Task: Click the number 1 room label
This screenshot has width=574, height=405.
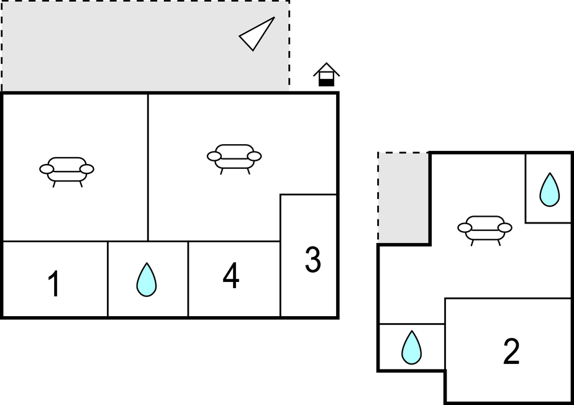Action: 54,283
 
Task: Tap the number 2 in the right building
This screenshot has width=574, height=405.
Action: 511,351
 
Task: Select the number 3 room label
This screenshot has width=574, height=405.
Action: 312,260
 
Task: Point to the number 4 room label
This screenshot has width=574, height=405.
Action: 231,275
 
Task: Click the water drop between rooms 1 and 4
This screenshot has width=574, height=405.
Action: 147,280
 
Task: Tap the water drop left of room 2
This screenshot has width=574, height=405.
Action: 411,347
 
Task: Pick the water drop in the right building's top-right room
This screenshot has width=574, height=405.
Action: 550,189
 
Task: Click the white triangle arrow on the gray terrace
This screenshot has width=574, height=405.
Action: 257,34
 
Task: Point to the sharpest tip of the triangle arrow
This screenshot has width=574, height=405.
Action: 274,17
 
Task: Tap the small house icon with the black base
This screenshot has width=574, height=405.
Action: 327,75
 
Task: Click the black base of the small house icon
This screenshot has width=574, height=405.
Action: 327,83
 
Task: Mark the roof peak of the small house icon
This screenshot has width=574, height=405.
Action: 327,63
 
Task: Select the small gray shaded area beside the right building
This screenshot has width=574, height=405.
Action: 403,198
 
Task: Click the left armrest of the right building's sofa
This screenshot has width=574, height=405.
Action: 465,228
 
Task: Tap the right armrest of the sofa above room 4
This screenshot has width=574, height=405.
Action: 255,157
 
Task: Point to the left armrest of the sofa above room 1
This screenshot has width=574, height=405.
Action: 47,169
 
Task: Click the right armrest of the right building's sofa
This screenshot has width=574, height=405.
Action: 505,228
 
